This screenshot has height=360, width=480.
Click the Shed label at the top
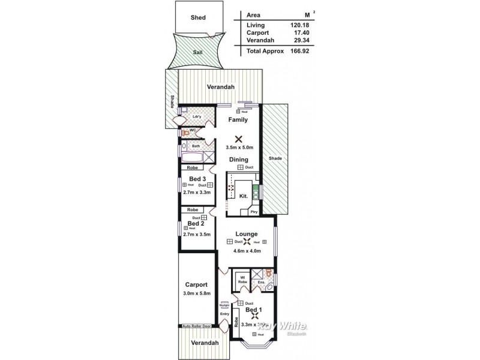(198, 17)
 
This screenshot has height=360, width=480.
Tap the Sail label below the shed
(197, 52)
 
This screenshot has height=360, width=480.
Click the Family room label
(238, 119)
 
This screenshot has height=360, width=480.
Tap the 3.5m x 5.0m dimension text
(239, 148)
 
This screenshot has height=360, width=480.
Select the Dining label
(239, 160)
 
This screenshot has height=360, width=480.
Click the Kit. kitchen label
(244, 196)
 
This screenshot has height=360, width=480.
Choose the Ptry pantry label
(254, 212)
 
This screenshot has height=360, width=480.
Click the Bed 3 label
(197, 179)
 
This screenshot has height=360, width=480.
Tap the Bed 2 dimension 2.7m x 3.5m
(197, 235)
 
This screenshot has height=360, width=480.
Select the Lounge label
(247, 234)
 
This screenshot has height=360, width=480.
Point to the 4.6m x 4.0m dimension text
(247, 251)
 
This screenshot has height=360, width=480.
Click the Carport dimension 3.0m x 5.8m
(197, 293)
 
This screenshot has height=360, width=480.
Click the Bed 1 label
(253, 310)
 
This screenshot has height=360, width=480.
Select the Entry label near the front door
(224, 314)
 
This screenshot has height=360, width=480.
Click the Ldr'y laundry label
(196, 116)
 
